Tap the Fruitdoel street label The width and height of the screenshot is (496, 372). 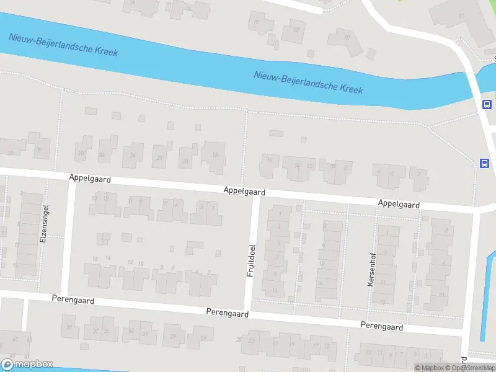point(252,260)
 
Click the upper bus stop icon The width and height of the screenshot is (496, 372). point(487,105)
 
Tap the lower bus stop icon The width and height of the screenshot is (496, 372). point(484,163)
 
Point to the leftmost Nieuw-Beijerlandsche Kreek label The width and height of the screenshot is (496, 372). point(63,44)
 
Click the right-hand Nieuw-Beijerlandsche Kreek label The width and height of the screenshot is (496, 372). point(308,81)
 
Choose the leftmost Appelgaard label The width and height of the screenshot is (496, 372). point(90,179)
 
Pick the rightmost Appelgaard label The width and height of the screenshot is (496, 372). point(399,204)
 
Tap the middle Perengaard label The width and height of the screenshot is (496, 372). point(228,314)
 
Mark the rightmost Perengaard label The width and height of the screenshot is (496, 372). point(382,327)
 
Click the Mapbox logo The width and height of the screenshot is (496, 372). point(27,365)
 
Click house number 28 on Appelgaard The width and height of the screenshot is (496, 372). point(81,153)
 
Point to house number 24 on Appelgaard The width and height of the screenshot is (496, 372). point(132,156)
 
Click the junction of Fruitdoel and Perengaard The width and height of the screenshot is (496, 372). point(248,309)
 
